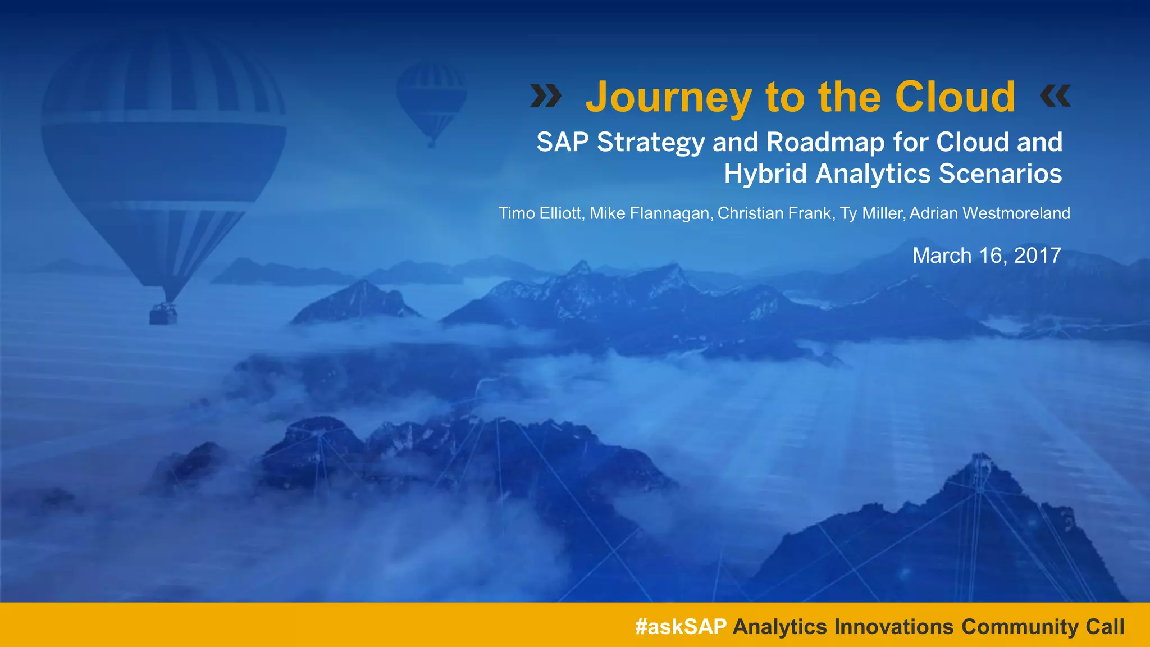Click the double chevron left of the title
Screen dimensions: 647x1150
546,96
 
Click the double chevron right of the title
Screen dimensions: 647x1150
1055,96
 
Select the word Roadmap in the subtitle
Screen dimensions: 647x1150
825,143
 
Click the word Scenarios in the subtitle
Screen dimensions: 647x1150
1000,174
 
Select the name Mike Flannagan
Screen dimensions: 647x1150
651,213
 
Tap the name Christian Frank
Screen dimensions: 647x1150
775,213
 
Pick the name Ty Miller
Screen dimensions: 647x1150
871,213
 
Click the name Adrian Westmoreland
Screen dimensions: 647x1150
989,213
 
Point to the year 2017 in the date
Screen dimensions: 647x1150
1037,256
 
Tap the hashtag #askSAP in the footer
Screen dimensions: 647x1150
681,626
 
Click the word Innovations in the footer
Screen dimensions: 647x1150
893,626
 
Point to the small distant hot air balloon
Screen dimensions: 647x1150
431,101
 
